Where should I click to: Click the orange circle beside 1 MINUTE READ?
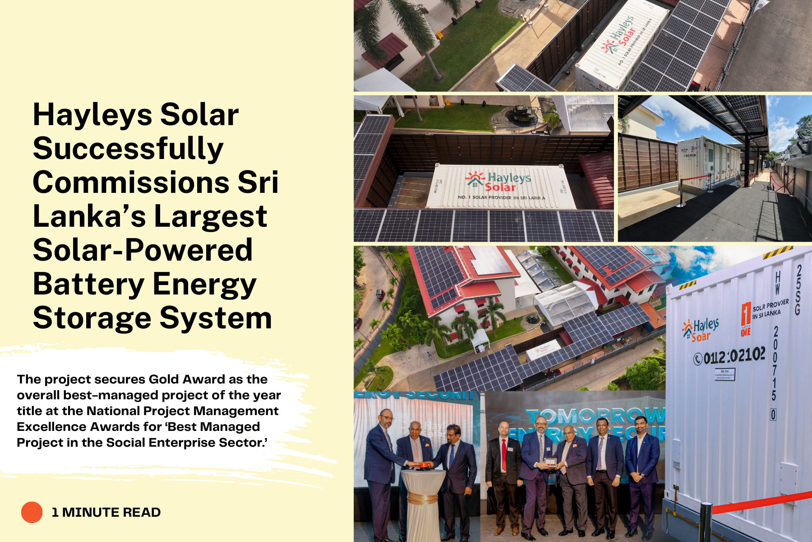32,512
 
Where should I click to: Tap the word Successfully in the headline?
128,149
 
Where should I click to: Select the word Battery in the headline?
88,285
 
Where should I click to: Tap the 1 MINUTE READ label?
106,512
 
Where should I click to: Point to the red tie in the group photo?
504,454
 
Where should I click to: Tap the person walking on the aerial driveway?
428,353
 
